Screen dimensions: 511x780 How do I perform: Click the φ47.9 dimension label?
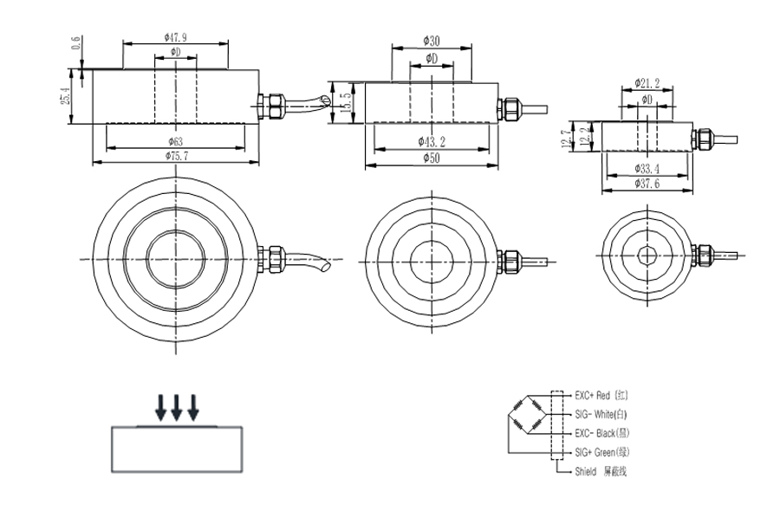click(x=175, y=37)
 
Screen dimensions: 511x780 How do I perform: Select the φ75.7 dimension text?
click(x=175, y=154)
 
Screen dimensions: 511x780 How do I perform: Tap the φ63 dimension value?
click(x=175, y=140)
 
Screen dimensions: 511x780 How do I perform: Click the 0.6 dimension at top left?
click(x=75, y=42)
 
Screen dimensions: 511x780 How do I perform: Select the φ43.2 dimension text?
click(x=432, y=140)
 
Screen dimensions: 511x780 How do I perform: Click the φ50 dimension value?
click(x=431, y=158)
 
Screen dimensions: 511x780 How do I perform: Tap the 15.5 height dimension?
click(x=346, y=101)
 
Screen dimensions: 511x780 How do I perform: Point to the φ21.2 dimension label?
click(x=647, y=83)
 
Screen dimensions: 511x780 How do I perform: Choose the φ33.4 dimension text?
click(x=647, y=169)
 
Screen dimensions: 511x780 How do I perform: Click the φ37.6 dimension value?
click(x=647, y=183)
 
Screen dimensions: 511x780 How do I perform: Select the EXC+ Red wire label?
click(x=605, y=394)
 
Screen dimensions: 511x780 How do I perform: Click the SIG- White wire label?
click(x=605, y=413)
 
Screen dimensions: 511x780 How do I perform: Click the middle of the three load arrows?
click(x=177, y=405)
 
